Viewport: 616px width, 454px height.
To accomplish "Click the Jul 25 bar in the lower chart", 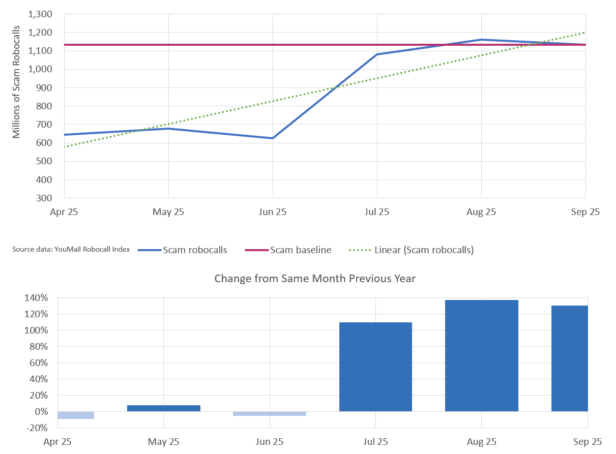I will pos(375,367).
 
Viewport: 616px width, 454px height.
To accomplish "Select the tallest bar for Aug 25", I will pos(481,355).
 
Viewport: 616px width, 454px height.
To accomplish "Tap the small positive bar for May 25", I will pos(164,408).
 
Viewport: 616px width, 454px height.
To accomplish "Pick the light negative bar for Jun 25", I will pos(270,414).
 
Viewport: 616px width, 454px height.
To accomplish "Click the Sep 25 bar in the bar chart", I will pos(569,358).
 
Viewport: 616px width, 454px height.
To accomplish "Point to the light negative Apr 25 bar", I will pos(76,415).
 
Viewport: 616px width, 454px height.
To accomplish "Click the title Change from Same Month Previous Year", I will pos(315,278).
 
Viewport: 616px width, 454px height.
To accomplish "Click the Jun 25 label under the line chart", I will pos(273,211).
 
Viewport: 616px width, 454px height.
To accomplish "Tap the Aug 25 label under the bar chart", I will pos(481,441).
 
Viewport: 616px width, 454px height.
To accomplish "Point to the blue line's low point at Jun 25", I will pos(273,138).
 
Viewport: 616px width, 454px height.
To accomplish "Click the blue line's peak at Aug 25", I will pos(481,40).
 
